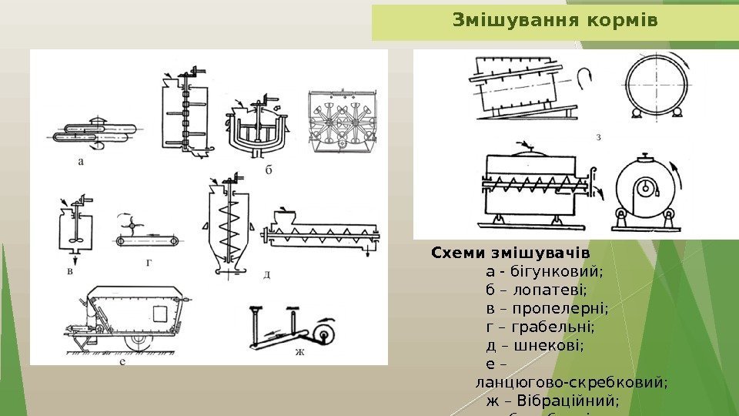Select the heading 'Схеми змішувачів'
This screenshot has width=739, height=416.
coord(510,253)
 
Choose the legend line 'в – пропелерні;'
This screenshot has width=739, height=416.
coord(547,308)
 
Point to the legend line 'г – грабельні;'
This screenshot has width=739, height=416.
coord(540,327)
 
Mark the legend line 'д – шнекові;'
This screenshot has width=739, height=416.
coord(535,345)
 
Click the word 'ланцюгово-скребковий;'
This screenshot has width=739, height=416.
coord(572,382)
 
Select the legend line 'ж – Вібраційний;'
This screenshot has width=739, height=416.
coord(553,401)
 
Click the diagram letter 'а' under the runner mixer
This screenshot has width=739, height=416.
coord(82,162)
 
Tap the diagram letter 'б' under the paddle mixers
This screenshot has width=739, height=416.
coord(269,171)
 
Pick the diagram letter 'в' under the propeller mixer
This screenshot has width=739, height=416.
coord(71,270)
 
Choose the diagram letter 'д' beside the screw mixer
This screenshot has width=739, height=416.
coord(266,274)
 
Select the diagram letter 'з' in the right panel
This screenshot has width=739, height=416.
coord(599,137)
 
